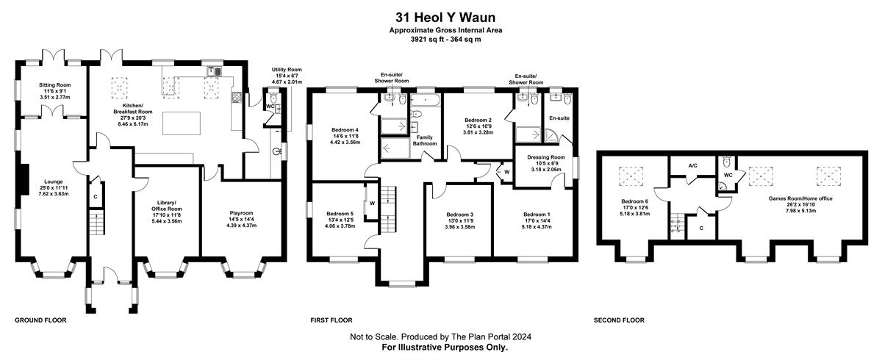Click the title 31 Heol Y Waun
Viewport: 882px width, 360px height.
(x=445, y=18)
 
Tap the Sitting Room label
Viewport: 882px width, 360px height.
(x=54, y=84)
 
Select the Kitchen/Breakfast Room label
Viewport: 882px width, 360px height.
(x=133, y=109)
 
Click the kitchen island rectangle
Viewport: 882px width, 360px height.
(x=181, y=123)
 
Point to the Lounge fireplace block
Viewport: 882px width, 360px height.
(x=24, y=179)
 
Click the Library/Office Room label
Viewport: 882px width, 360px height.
(x=167, y=206)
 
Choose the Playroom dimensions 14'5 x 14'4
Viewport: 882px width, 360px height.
(x=241, y=219)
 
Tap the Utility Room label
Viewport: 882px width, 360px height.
(x=287, y=70)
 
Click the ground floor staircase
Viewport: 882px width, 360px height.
(x=96, y=223)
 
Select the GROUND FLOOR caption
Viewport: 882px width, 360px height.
(x=40, y=320)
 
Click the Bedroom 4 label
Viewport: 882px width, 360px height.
(x=345, y=130)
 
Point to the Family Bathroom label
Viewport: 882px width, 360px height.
(x=425, y=140)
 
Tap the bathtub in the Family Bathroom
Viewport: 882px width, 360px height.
(x=425, y=101)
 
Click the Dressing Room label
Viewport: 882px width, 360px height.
(x=545, y=157)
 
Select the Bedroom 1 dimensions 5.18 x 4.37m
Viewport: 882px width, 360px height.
(x=537, y=227)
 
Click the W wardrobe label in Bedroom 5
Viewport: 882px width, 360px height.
(x=372, y=204)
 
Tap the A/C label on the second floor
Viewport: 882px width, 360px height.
(x=693, y=165)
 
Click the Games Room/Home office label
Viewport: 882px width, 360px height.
(x=800, y=198)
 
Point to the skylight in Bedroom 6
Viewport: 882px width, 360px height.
(x=631, y=176)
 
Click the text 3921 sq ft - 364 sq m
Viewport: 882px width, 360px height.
(x=445, y=40)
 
